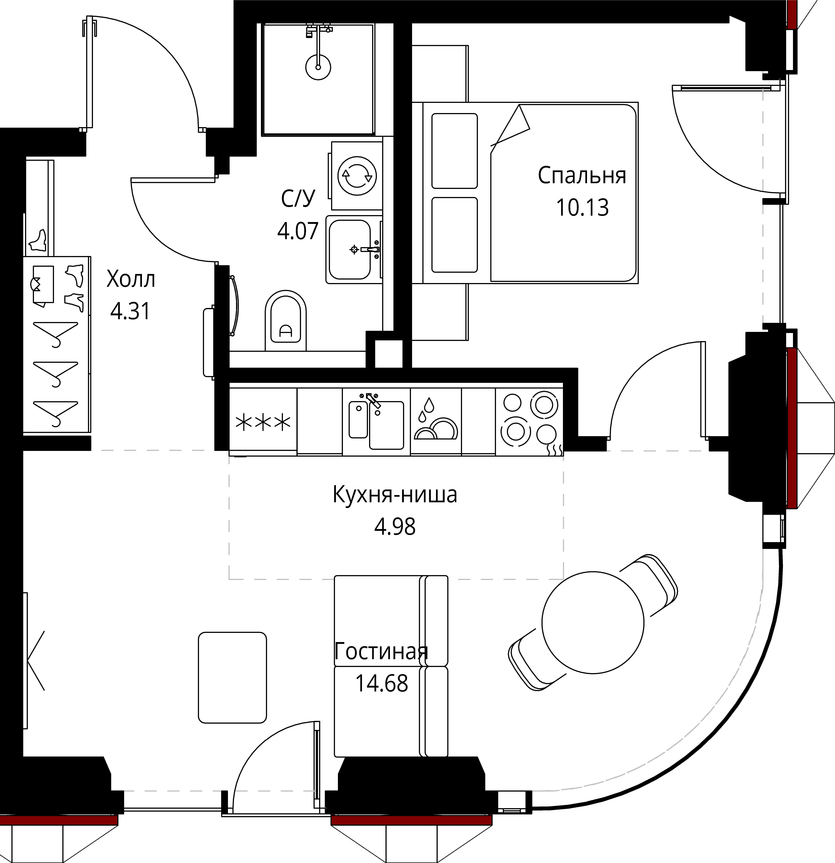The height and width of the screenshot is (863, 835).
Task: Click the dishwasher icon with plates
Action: [x=436, y=420]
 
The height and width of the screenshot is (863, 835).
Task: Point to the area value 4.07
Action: [x=298, y=231]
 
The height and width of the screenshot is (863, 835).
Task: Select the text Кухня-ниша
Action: [x=395, y=494]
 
